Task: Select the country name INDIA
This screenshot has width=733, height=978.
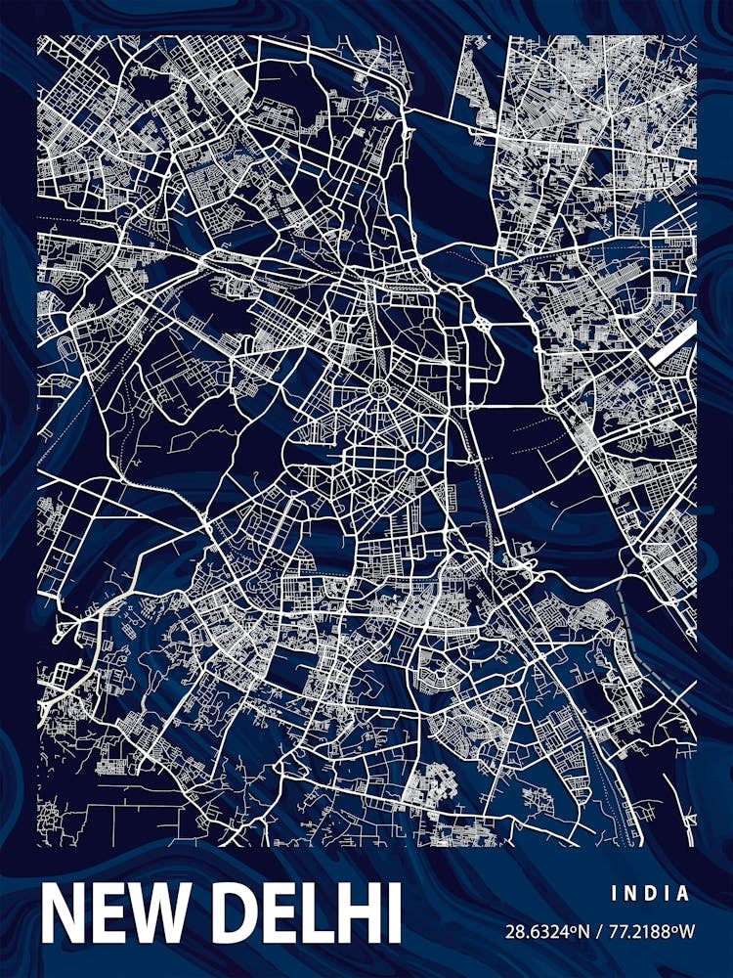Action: (651, 893)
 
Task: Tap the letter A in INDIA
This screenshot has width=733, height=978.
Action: (683, 893)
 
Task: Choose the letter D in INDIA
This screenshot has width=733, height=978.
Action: (651, 893)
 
